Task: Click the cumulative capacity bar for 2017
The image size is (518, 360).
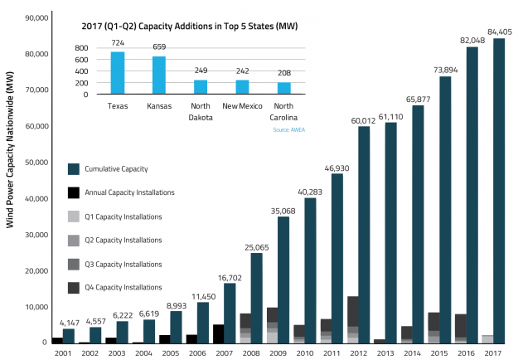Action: (499, 191)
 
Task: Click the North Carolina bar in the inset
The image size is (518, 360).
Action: (283, 88)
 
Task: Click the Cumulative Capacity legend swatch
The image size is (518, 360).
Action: (74, 169)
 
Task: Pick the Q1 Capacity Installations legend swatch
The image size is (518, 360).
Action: (74, 216)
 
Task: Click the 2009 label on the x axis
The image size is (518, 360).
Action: (278, 353)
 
